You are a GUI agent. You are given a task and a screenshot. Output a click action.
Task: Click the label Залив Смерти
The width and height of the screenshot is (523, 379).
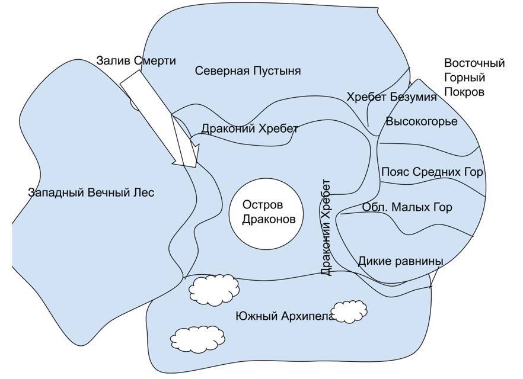[136, 60]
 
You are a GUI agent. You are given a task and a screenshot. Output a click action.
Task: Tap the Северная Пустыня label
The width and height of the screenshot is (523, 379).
[248, 71]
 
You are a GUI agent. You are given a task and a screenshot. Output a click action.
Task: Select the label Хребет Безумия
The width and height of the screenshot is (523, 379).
[391, 97]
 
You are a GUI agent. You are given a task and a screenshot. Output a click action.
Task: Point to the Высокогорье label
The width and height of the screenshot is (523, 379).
[422, 122]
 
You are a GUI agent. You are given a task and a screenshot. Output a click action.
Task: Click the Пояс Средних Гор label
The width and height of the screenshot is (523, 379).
[432, 172]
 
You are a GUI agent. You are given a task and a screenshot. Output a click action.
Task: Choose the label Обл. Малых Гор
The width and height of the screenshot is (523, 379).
[407, 207]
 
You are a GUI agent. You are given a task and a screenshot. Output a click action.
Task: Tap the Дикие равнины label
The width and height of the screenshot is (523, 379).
[400, 261]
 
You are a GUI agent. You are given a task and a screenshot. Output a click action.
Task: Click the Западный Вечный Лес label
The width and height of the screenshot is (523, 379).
[91, 192]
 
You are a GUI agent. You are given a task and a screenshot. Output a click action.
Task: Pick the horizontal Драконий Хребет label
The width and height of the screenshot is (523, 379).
[249, 129]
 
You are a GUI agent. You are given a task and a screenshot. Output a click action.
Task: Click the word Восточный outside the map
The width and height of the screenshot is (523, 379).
[474, 63]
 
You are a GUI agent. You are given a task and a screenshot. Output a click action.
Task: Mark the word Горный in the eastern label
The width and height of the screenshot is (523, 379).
[465, 78]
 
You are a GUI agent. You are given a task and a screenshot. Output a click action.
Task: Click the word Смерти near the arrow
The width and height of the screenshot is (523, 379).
[155, 60]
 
